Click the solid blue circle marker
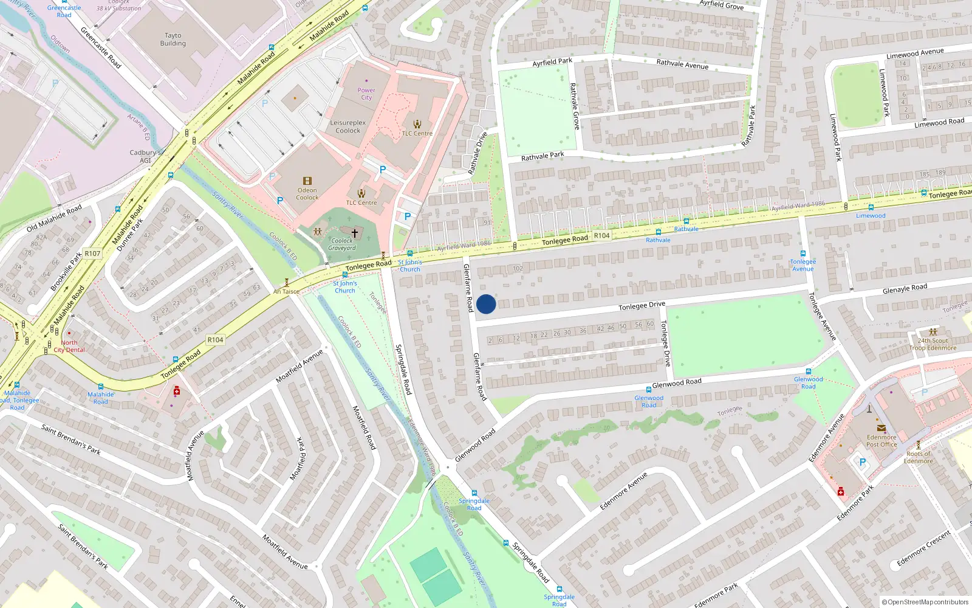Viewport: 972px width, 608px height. click(486, 304)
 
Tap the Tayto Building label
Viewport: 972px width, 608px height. click(173, 40)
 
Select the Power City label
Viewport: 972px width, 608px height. click(366, 94)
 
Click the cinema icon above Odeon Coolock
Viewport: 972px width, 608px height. click(307, 181)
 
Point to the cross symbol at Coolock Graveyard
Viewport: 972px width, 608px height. click(355, 233)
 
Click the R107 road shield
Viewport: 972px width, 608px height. click(92, 254)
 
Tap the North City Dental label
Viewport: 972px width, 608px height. click(69, 346)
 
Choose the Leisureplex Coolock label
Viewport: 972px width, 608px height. click(348, 126)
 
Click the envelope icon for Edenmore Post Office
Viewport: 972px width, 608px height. click(881, 428)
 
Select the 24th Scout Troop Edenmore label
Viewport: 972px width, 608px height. click(933, 344)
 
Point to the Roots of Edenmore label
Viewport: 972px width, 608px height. click(918, 457)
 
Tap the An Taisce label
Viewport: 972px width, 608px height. click(286, 291)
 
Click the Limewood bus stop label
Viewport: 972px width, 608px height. click(871, 215)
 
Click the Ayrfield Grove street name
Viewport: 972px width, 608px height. click(721, 5)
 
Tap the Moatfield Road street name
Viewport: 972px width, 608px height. click(364, 427)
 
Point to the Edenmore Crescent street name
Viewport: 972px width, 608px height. click(923, 548)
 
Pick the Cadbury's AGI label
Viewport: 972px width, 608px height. click(145, 156)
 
